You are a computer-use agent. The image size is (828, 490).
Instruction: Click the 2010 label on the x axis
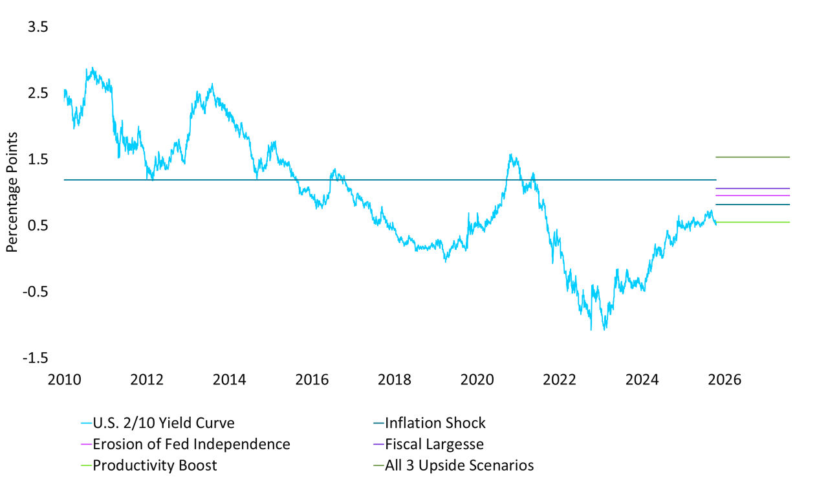tap(65, 379)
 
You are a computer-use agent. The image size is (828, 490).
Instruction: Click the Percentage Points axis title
tap(12, 192)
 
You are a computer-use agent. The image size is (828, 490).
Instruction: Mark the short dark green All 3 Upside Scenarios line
tap(752, 157)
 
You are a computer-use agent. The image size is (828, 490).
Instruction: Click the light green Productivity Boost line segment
tap(752, 222)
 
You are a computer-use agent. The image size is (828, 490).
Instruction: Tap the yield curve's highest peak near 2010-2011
tap(93, 68)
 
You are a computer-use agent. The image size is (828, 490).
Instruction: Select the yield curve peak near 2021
tap(511, 155)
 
